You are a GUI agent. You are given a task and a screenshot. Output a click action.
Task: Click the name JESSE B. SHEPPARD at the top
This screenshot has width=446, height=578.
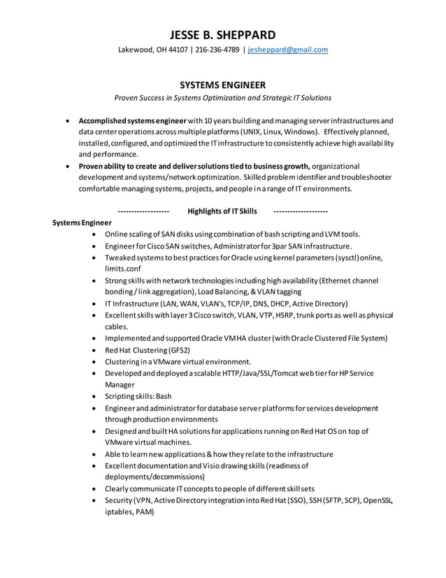(222, 34)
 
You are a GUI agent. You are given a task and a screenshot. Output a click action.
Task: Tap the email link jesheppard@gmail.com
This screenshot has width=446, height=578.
(287, 50)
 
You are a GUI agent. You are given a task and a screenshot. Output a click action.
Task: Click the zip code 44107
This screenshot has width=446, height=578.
(177, 50)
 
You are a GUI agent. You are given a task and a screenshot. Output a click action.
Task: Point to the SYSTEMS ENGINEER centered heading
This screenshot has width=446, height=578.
(222, 85)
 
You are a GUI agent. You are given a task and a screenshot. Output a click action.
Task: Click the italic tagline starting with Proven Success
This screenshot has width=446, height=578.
(222, 98)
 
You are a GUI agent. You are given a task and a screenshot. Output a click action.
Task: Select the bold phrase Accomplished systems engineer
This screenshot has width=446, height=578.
(132, 120)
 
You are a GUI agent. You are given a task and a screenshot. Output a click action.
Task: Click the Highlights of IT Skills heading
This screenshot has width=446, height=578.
(222, 211)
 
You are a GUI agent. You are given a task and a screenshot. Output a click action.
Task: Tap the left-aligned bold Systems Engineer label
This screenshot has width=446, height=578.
(82, 223)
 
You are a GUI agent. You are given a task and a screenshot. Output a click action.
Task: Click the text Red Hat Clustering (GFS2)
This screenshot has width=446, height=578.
(148, 350)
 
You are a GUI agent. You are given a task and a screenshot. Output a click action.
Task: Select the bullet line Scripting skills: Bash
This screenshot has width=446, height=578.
(138, 396)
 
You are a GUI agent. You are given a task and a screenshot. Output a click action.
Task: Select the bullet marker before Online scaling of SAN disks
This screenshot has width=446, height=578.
(94, 234)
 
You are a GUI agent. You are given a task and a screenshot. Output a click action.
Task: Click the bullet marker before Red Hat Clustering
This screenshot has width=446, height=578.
(94, 350)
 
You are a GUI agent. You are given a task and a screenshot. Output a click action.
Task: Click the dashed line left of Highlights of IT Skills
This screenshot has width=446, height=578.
(143, 211)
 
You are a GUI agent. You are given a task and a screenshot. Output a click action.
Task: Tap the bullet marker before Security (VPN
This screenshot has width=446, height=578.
(94, 500)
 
